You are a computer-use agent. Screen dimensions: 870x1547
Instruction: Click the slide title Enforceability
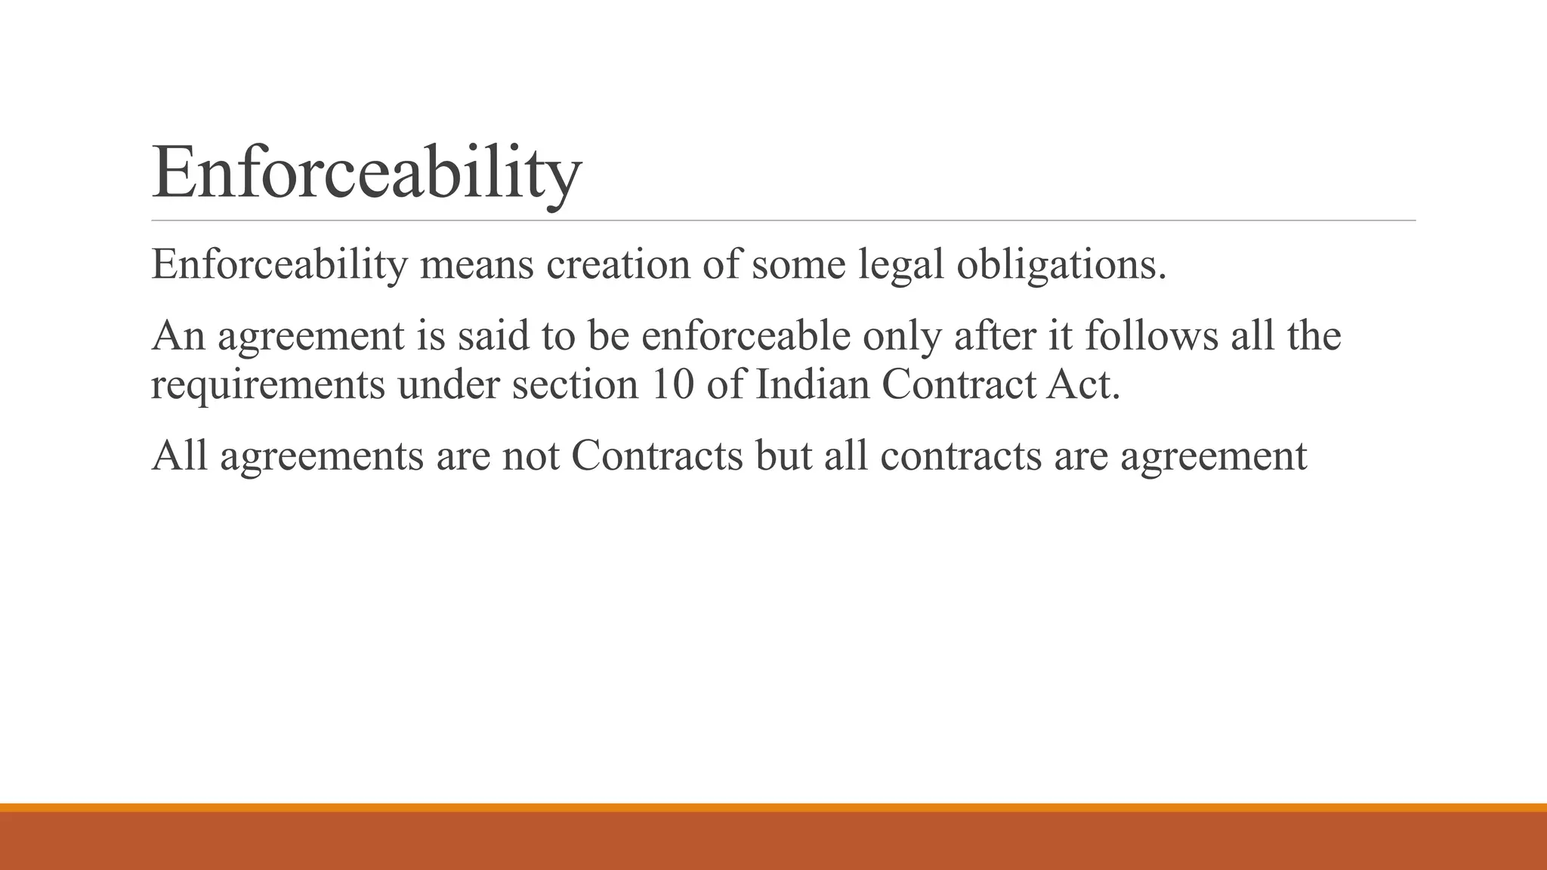(366, 174)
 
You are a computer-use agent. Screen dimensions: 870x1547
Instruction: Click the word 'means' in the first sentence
(477, 265)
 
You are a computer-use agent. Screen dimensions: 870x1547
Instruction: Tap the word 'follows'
(1152, 336)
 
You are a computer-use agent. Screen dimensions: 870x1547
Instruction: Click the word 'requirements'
(268, 385)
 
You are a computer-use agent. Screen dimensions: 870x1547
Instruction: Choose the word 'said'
(493, 336)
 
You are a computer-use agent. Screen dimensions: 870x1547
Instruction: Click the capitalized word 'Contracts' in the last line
(657, 456)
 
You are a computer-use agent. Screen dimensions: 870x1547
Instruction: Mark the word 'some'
(798, 265)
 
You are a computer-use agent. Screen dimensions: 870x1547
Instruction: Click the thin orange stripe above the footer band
(773, 807)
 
